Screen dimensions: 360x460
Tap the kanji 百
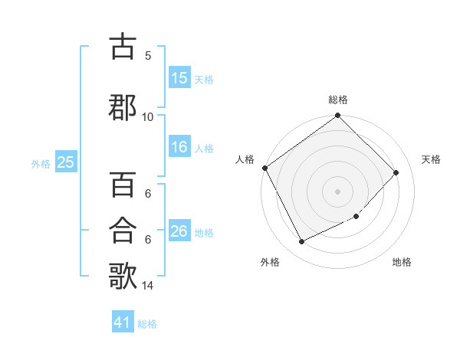pyautogui.click(x=123, y=185)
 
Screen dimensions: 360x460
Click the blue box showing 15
pyautogui.click(x=179, y=78)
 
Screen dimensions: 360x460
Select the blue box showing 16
pyautogui.click(x=179, y=148)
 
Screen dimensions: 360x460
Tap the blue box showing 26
pyautogui.click(x=179, y=231)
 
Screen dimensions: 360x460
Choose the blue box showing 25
pyautogui.click(x=65, y=162)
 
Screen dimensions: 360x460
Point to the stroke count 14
pyautogui.click(x=148, y=286)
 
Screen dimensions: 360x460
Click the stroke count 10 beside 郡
pyautogui.click(x=148, y=116)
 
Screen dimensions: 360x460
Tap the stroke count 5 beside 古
pyautogui.click(x=148, y=55)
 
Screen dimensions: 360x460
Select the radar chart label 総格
pyautogui.click(x=338, y=100)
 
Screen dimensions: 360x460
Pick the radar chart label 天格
pyautogui.click(x=432, y=159)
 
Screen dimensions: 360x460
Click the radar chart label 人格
pyautogui.click(x=245, y=159)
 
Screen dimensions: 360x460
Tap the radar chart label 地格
pyautogui.click(x=402, y=263)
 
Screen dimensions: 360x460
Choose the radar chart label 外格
pyautogui.click(x=270, y=263)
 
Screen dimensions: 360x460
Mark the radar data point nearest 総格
pyautogui.click(x=338, y=116)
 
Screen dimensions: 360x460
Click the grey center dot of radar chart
pyautogui.click(x=338, y=191)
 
